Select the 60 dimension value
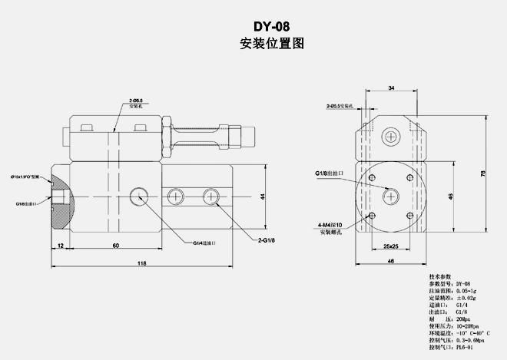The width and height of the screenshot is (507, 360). (x=115, y=245)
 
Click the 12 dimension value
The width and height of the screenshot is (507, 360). (x=60, y=245)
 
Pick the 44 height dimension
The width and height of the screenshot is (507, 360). (x=262, y=197)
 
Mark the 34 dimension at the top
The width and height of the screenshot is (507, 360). (x=392, y=89)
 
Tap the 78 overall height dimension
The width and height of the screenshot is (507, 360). (x=482, y=173)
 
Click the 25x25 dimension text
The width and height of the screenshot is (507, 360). (x=390, y=246)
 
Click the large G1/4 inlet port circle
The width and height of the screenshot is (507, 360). (x=140, y=197)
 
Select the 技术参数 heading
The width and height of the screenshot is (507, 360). (x=441, y=276)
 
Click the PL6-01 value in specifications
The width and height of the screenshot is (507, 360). (x=466, y=347)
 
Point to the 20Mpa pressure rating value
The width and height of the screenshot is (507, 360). (x=464, y=319)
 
